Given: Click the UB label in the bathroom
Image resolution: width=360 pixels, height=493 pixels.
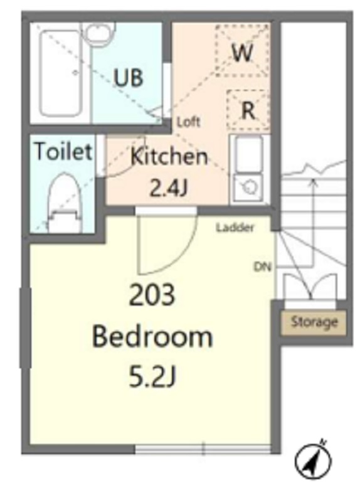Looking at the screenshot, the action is coord(129,78).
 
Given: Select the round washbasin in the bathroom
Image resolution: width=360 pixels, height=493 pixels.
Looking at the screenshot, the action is coord(97,34).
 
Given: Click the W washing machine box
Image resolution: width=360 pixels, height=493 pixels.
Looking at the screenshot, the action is coord(242,51).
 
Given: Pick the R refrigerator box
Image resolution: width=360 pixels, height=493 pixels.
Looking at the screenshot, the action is coord(248,110).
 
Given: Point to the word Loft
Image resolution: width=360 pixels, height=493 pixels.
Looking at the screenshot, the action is coord(188,122).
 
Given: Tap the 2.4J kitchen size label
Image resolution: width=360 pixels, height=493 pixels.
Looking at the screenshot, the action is coord(169,188).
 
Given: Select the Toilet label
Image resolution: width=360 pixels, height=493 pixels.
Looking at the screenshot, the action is coord(63,151).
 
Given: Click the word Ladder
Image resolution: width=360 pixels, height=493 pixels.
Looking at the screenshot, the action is coord(235,227).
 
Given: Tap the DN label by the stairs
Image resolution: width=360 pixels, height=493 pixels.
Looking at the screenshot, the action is coord(262,267).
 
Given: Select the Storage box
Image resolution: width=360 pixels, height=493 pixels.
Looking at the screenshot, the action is coord(314,322).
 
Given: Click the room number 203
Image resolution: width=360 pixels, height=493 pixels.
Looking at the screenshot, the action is coord(152,295).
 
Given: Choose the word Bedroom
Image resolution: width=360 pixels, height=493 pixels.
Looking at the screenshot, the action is coord(152,337).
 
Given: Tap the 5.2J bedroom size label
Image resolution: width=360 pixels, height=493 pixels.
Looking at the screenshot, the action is coord(152,376).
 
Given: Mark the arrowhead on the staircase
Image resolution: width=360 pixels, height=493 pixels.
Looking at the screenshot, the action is coord(312,183).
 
